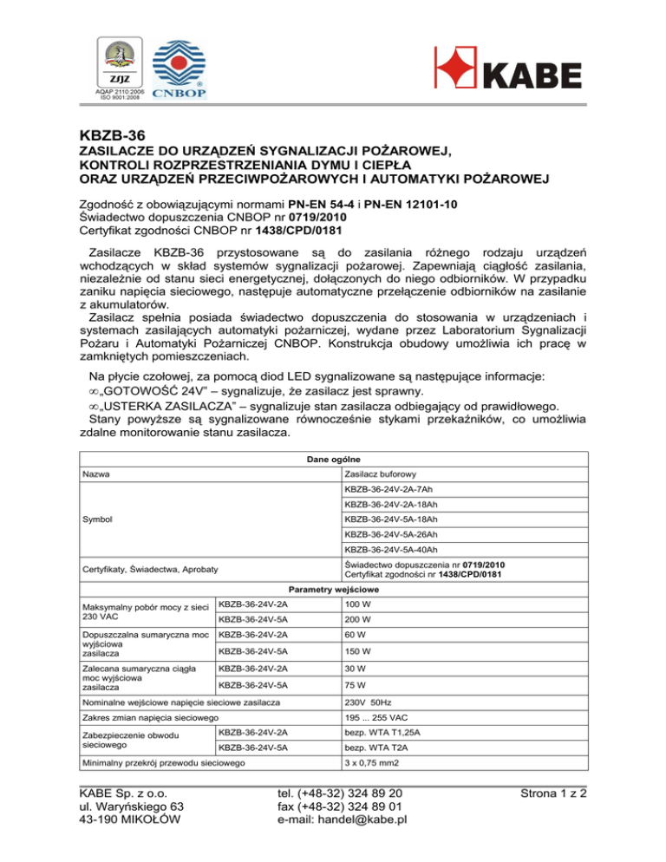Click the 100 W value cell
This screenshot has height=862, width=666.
[x=358, y=604]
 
